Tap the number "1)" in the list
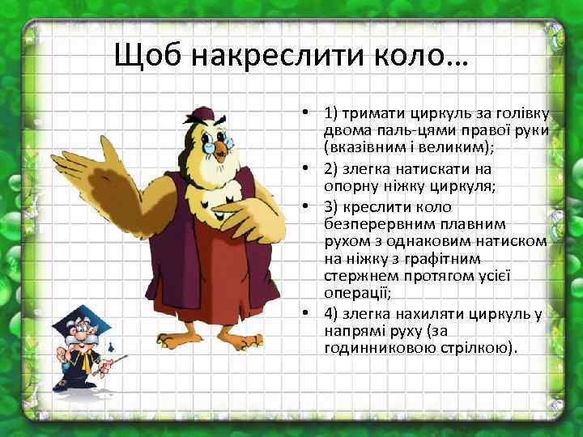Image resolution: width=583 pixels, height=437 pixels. coord(331,112)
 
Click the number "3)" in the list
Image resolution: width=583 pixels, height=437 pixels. coord(331,206)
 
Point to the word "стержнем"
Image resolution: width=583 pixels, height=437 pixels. coord(354,278)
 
